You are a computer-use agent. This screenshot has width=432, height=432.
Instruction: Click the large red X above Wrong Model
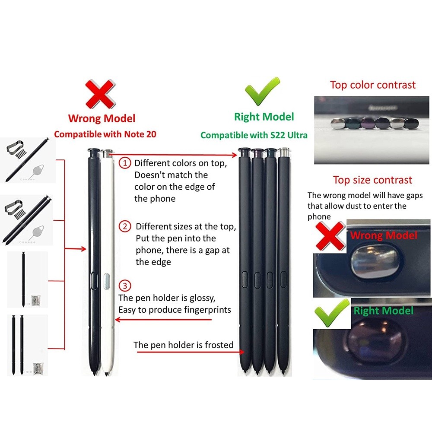tap(100, 94)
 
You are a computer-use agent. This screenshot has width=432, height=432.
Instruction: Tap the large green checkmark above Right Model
tap(262, 92)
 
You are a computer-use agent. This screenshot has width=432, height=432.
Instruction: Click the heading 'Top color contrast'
tap(373, 85)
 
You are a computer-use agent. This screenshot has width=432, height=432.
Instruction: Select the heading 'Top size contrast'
tap(372, 180)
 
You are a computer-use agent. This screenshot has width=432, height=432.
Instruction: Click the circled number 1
tap(125, 163)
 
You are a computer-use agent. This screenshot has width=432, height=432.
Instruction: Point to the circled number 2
tap(125, 226)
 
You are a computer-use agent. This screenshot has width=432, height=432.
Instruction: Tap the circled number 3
tap(125, 286)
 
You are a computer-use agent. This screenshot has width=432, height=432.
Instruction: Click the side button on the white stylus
tap(107, 282)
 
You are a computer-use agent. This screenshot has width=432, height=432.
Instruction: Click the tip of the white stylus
tap(106, 375)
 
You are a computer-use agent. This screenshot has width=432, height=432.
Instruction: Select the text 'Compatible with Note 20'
tap(105, 134)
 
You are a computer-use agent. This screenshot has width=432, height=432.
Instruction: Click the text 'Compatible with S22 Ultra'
tap(254, 135)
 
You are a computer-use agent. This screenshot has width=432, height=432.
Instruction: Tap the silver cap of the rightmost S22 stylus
tap(284, 152)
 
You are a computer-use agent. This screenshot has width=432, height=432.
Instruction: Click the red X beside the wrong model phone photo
tap(330, 236)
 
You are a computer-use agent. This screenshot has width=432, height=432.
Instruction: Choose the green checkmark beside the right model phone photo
tap(332, 313)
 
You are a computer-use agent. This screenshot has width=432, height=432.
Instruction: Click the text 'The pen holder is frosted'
tap(184, 345)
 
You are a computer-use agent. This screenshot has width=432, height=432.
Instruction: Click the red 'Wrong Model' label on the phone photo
tap(384, 235)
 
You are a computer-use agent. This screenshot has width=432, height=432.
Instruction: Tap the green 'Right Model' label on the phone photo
tap(384, 311)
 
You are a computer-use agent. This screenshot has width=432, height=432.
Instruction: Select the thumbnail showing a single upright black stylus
tap(27, 280)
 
